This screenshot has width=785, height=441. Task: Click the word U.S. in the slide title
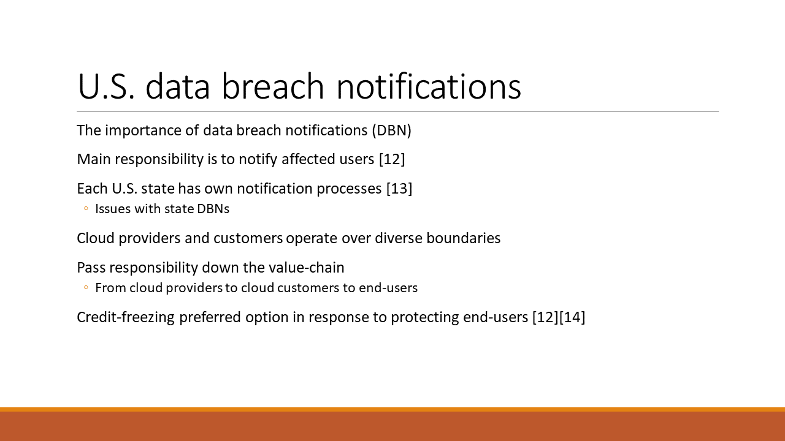pyautogui.click(x=106, y=86)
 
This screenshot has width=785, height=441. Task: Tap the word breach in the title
pyautogui.click(x=273, y=86)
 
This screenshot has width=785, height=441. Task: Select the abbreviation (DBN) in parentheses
pyautogui.click(x=391, y=130)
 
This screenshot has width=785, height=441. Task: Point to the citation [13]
pyautogui.click(x=399, y=189)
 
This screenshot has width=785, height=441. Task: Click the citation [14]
pyautogui.click(x=572, y=317)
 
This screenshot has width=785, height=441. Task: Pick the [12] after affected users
pyautogui.click(x=392, y=159)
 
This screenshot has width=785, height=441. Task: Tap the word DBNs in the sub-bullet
pyautogui.click(x=213, y=209)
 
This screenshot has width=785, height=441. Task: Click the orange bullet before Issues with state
pyautogui.click(x=86, y=209)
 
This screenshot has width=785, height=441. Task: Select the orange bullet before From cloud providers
pyautogui.click(x=86, y=288)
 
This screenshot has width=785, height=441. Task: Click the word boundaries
pyautogui.click(x=463, y=238)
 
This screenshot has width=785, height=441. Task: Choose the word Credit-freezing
pyautogui.click(x=126, y=317)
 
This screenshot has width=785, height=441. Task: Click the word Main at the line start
pyautogui.click(x=94, y=159)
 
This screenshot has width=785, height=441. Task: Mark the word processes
pyautogui.click(x=349, y=189)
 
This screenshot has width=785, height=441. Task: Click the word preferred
pyautogui.click(x=210, y=317)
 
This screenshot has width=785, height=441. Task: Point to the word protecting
pyautogui.click(x=425, y=317)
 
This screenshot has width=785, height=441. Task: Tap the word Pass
pyautogui.click(x=91, y=268)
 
